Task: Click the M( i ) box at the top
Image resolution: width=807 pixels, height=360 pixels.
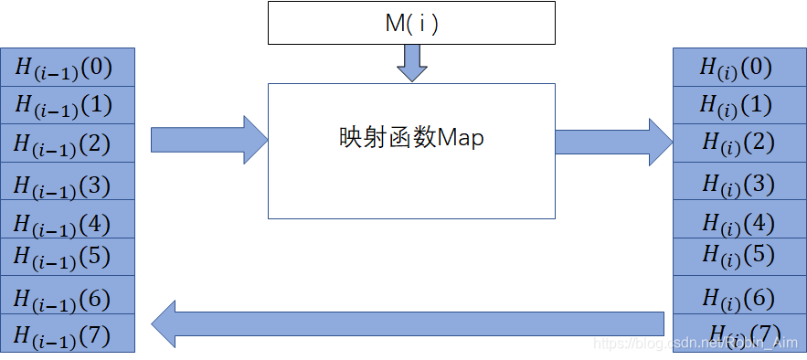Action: [x=411, y=23]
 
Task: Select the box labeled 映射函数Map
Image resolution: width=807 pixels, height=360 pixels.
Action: [x=411, y=151]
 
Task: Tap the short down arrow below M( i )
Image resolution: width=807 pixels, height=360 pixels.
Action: [x=411, y=62]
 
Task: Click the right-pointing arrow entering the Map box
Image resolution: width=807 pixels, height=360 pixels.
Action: [x=208, y=140]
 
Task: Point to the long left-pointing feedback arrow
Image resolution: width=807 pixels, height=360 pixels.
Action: [x=407, y=323]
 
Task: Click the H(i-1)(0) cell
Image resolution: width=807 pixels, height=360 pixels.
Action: [x=69, y=67]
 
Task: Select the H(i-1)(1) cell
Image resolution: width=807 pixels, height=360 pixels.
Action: [x=69, y=105]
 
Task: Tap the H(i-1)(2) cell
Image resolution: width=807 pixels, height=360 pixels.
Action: [x=69, y=143]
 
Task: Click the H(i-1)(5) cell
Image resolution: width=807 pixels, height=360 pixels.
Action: [x=69, y=257]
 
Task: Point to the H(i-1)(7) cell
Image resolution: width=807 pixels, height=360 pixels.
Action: [x=69, y=334]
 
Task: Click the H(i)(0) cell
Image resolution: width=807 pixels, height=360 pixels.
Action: [x=737, y=67]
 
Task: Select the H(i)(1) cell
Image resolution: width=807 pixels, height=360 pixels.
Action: [x=737, y=105]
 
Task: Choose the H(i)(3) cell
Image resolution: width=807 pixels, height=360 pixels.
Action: [x=737, y=182]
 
